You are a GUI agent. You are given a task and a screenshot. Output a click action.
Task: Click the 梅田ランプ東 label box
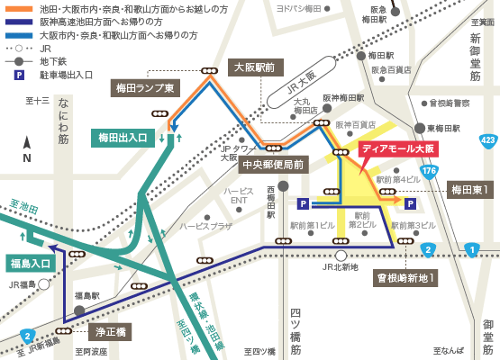pos(145,87)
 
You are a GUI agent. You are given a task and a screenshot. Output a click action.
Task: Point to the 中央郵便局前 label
pos(272,165)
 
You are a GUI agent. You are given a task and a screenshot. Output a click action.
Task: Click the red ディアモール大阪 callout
pos(397,149)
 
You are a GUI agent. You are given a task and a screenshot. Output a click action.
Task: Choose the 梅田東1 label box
pos(469,190)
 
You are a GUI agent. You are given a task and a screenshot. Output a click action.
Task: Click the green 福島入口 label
pos(32,263)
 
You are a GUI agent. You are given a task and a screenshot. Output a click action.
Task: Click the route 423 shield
pos(487,139)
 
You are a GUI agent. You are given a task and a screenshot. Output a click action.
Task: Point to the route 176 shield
pos(429,170)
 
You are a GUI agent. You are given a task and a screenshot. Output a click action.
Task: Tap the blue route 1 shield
pos(472,249)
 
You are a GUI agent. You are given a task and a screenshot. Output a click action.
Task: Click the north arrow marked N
pos(27,148)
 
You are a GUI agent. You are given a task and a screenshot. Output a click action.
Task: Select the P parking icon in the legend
pos(18,64)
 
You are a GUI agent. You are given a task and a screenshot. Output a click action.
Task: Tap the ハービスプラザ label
pos(205,226)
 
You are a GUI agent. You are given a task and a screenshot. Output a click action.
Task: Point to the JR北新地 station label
pos(340,267)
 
